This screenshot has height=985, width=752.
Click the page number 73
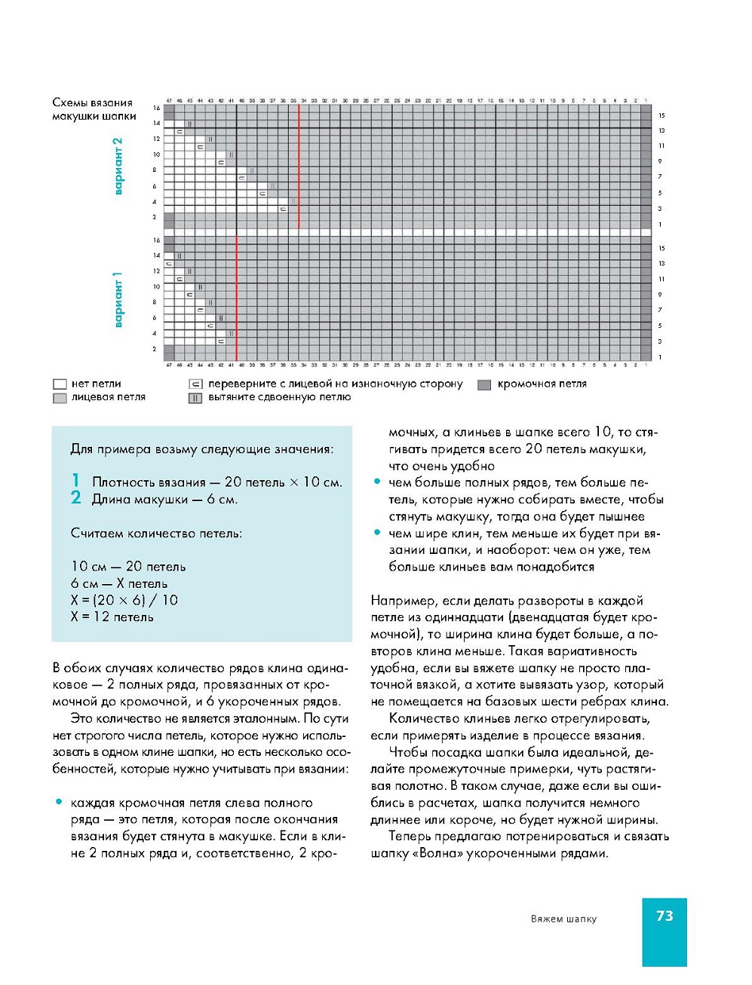(x=664, y=916)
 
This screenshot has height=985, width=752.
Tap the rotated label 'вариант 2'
(x=118, y=167)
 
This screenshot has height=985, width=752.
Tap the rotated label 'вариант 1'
(x=118, y=299)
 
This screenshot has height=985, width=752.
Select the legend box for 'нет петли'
(x=60, y=384)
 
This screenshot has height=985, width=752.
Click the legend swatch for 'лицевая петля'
(x=60, y=398)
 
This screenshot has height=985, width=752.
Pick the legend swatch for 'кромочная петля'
(x=484, y=384)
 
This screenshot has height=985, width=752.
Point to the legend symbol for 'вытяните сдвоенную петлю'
(x=195, y=398)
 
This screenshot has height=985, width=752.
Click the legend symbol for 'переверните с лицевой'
(x=195, y=384)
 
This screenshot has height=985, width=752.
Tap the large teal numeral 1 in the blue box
(x=75, y=480)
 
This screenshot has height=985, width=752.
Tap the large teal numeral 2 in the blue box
(x=75, y=497)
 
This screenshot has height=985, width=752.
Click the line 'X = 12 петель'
(x=112, y=617)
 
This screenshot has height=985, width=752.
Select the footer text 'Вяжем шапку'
(x=563, y=919)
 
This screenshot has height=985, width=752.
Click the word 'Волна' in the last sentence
(x=437, y=854)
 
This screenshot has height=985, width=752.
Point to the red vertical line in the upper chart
(x=299, y=166)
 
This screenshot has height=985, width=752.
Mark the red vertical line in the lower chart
(x=237, y=298)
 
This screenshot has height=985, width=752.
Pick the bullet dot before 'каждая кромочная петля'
(x=59, y=803)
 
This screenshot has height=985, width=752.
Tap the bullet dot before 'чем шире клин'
(x=377, y=533)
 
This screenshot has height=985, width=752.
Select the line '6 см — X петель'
(x=119, y=584)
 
